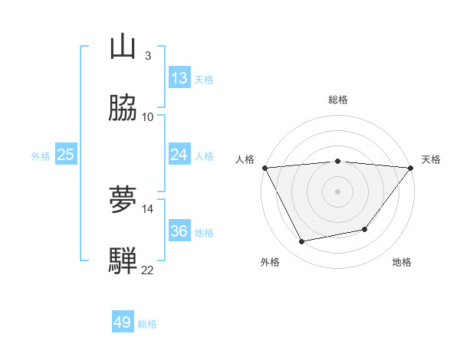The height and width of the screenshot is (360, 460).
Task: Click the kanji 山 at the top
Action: click(x=123, y=47)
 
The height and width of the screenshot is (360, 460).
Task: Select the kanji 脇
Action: click(x=123, y=108)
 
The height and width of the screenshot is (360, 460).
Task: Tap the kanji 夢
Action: click(x=123, y=200)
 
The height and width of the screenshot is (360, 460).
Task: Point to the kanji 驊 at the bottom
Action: click(x=123, y=261)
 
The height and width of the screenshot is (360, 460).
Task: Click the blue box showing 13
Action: click(x=179, y=78)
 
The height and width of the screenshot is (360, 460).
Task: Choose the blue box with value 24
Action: click(x=179, y=155)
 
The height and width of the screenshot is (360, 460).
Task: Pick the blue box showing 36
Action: click(x=179, y=231)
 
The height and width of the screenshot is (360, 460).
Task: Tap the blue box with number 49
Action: click(x=123, y=322)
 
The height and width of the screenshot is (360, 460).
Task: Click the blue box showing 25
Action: click(x=66, y=155)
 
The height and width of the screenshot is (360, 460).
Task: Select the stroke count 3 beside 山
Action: click(x=147, y=55)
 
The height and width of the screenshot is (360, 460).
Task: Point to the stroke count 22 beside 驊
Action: click(x=147, y=270)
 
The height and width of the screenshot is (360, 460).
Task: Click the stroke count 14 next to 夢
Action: click(x=147, y=208)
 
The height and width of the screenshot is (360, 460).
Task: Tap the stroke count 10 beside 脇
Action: click(x=147, y=116)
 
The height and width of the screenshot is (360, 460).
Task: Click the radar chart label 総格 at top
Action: click(x=338, y=100)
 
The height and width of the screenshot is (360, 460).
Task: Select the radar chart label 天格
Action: click(x=432, y=159)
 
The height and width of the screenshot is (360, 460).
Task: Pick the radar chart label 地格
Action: click(x=402, y=263)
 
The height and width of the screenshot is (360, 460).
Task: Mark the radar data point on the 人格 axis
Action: click(x=264, y=167)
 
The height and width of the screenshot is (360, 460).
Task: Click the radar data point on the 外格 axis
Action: click(x=302, y=241)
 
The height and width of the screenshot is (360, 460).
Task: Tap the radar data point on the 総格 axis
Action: click(x=338, y=161)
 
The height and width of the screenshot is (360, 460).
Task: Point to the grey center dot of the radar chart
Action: click(x=338, y=191)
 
